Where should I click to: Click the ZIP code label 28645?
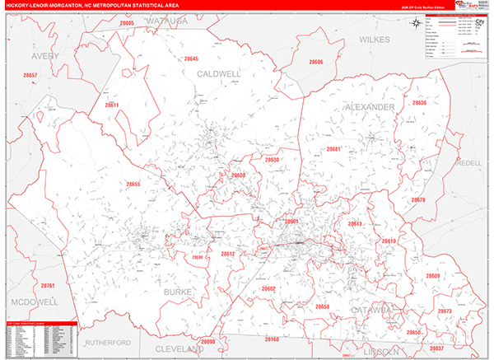click(x=192, y=58)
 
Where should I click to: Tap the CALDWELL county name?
click(x=219, y=73)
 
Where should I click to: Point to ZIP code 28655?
click(x=133, y=184)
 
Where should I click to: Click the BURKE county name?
click(x=179, y=292)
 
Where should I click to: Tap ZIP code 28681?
click(x=333, y=149)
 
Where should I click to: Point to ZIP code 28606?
click(x=317, y=62)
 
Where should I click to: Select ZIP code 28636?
click(x=419, y=103)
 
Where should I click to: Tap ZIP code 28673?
click(x=445, y=311)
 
